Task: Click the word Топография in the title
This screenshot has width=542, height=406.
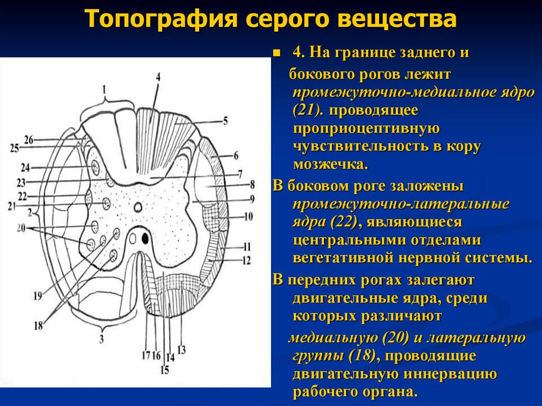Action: [160, 20]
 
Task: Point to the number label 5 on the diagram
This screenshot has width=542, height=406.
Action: [225, 121]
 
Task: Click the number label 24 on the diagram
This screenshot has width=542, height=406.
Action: [25, 167]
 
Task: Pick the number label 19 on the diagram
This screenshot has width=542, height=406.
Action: [38, 296]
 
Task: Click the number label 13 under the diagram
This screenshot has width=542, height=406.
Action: [182, 350]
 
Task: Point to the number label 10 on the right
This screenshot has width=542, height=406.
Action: [249, 216]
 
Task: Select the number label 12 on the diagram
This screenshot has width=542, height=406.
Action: [246, 260]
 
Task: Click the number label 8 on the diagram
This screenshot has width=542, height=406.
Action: [252, 185]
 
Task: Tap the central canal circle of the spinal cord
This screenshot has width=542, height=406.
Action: [138, 207]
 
